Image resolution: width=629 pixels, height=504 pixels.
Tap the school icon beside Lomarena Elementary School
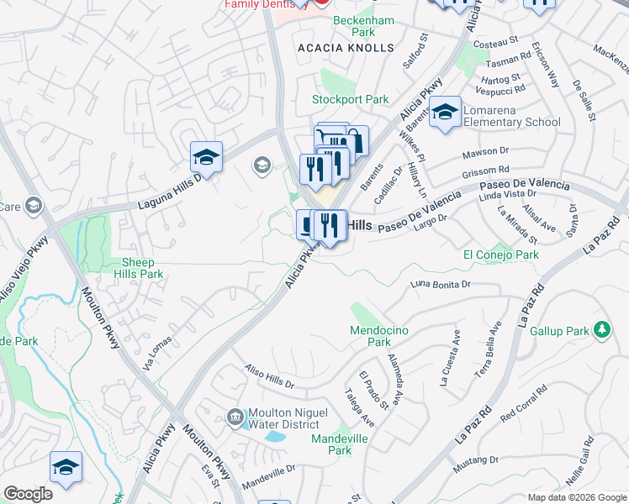click(445, 112)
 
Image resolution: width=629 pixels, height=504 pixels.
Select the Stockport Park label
click(351, 99)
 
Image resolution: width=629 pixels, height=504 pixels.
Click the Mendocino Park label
click(380, 336)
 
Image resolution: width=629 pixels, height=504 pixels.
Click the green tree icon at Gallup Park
click(601, 329)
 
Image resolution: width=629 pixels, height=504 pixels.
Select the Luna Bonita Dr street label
click(441, 286)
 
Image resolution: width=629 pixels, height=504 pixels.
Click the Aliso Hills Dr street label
click(269, 375)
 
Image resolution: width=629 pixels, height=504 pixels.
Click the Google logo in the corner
click(28, 494)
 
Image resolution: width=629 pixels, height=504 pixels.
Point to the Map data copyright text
click(576, 497)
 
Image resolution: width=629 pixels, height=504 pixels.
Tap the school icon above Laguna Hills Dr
click(206, 156)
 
